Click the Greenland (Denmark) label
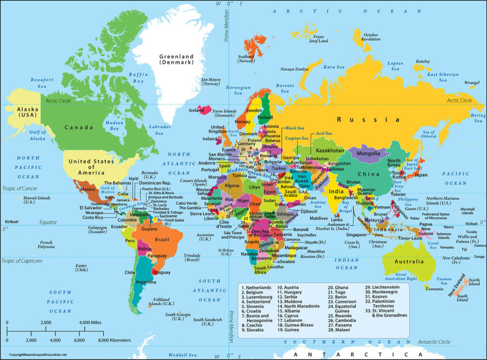176,58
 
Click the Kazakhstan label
327,150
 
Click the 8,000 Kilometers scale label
114,340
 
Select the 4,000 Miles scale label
91,323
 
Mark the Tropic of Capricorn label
22,261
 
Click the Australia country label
409,262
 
